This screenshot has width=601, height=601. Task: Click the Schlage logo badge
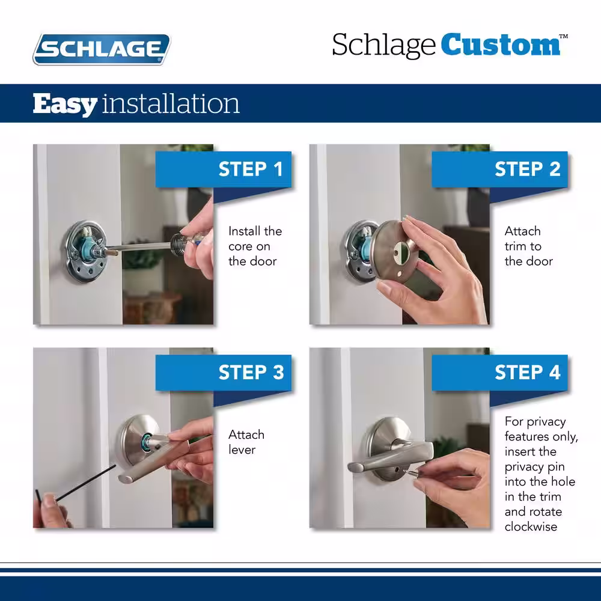pos(102,49)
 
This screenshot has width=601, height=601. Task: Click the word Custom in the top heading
pos(500,45)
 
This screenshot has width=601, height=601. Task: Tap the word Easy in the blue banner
pos(65,104)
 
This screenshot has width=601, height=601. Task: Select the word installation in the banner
pos(171,103)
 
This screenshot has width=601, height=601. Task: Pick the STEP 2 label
pos(528,169)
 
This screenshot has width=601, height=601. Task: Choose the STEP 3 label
pos(251,372)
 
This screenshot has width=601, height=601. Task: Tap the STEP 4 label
pos(528,372)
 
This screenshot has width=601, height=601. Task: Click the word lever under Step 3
pos(242,450)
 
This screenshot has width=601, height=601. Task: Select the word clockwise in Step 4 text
pos(531,526)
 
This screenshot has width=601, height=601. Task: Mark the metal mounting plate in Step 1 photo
pos(85,252)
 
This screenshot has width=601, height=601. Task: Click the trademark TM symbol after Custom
pos(564,37)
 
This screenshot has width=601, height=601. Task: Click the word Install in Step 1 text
pos(243,231)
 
